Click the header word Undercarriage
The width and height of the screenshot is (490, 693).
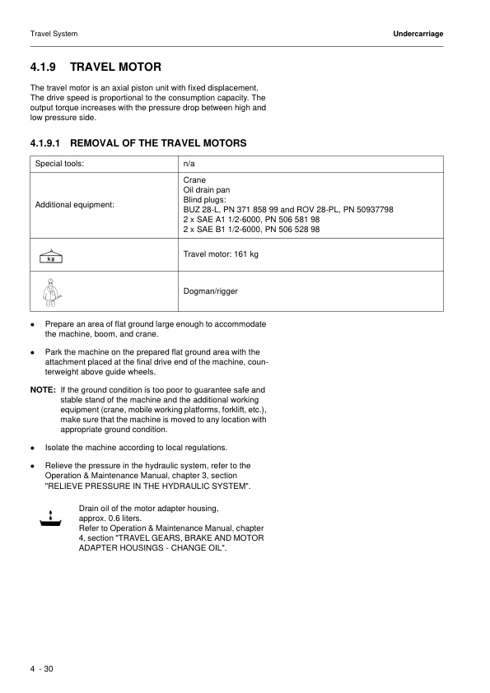(x=418, y=34)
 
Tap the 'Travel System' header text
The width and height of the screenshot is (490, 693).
(x=54, y=34)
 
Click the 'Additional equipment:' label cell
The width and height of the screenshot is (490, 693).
(x=74, y=204)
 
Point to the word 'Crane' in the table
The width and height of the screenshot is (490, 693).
(x=194, y=179)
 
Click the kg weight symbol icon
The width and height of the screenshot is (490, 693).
(x=51, y=255)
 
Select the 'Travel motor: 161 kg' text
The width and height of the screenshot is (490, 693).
(x=221, y=254)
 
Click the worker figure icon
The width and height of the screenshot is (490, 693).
(x=51, y=291)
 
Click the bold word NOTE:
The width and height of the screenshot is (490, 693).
(x=43, y=389)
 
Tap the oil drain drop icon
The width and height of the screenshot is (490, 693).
(x=51, y=518)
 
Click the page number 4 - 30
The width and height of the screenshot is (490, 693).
(x=41, y=668)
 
